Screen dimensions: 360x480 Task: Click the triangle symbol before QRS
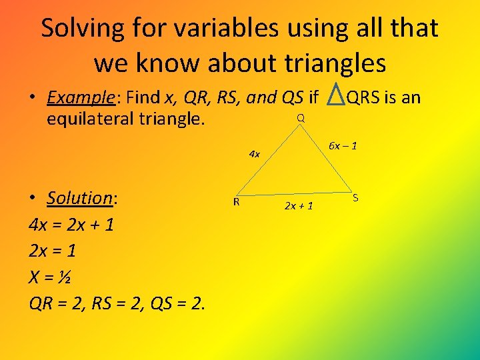click(x=336, y=98)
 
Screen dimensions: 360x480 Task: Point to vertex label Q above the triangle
click(x=301, y=118)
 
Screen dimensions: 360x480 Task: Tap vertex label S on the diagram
click(x=355, y=197)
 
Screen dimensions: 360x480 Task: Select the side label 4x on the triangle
click(x=254, y=154)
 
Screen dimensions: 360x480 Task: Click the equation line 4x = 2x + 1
click(x=71, y=225)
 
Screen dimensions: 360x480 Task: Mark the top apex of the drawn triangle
click(x=301, y=128)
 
